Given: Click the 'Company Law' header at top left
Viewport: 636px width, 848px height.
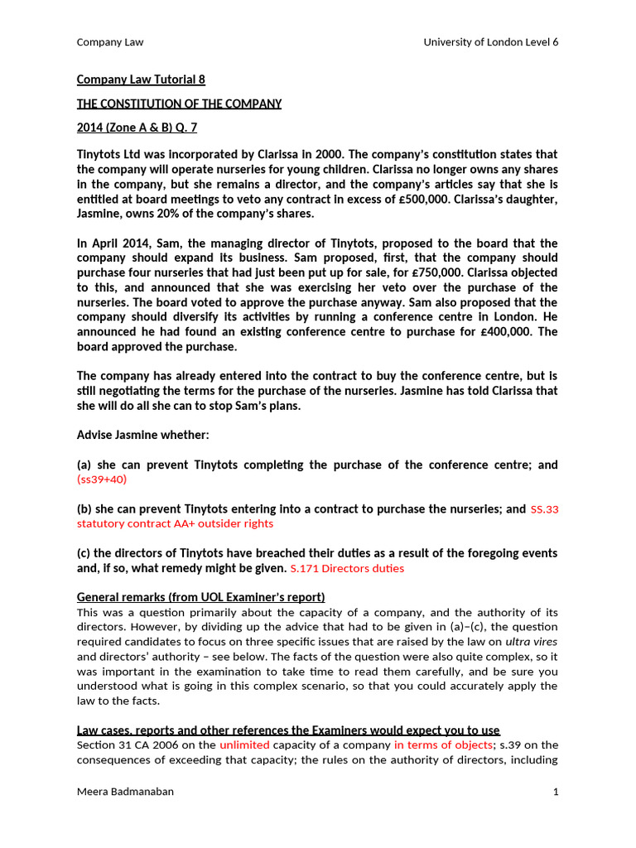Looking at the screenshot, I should pyautogui.click(x=104, y=42).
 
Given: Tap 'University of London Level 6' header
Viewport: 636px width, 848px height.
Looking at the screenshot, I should pyautogui.click(x=490, y=42).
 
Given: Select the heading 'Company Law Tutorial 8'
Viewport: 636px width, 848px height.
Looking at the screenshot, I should pyautogui.click(x=141, y=79).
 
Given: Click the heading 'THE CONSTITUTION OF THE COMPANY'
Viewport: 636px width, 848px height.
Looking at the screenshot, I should pyautogui.click(x=179, y=104).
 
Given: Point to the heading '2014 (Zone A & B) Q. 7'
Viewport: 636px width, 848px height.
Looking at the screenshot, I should pyautogui.click(x=137, y=128).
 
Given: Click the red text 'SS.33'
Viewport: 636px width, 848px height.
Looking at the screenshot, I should pyautogui.click(x=544, y=509).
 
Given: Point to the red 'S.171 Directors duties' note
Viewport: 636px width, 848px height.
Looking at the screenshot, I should pyautogui.click(x=347, y=569).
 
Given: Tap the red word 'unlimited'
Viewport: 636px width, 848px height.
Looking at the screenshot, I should pyautogui.click(x=245, y=745).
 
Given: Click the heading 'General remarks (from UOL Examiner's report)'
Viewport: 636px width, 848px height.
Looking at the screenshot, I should pyautogui.click(x=200, y=597).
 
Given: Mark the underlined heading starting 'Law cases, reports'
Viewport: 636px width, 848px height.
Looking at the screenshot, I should pyautogui.click(x=288, y=730).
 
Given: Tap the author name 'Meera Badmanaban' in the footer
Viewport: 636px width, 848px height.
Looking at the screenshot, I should pyautogui.click(x=125, y=792).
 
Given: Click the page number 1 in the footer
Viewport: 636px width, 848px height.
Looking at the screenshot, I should pyautogui.click(x=555, y=792).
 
